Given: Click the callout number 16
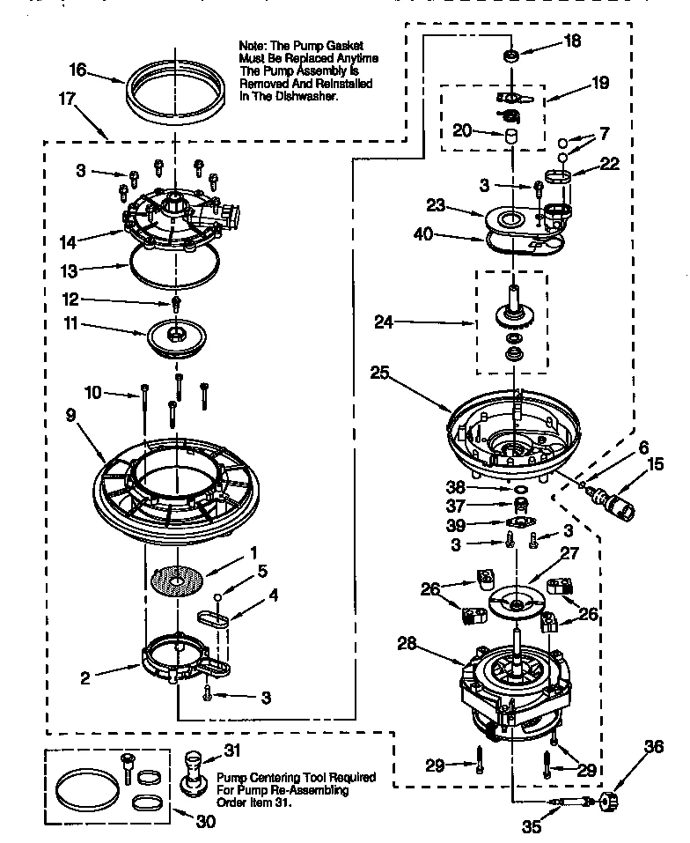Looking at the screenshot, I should [x=78, y=69].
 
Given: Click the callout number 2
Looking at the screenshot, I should [x=85, y=678].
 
